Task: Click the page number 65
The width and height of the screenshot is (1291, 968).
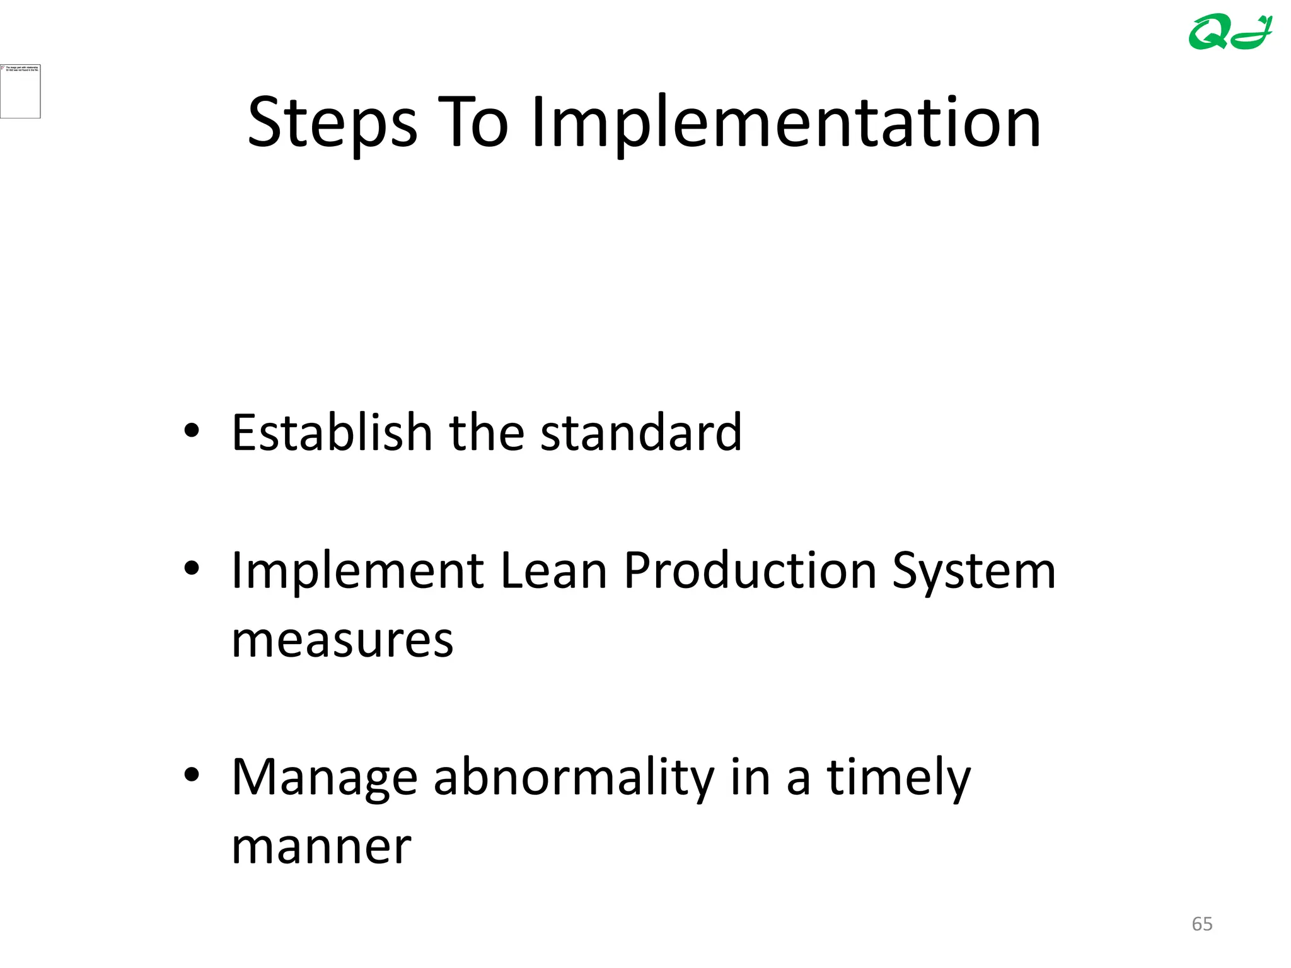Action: (1202, 924)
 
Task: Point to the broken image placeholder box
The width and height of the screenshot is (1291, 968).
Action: (20, 91)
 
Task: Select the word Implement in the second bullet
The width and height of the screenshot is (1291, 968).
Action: (357, 570)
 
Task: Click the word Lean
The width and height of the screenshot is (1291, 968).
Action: (553, 570)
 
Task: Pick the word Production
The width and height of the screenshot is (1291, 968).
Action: (750, 570)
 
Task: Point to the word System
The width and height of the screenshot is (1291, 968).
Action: (974, 570)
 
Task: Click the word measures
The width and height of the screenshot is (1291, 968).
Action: (342, 640)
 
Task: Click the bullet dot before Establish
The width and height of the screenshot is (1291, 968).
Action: (192, 432)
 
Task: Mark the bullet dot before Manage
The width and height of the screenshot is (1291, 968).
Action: (192, 775)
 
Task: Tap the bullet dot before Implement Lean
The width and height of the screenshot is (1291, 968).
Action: (192, 569)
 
